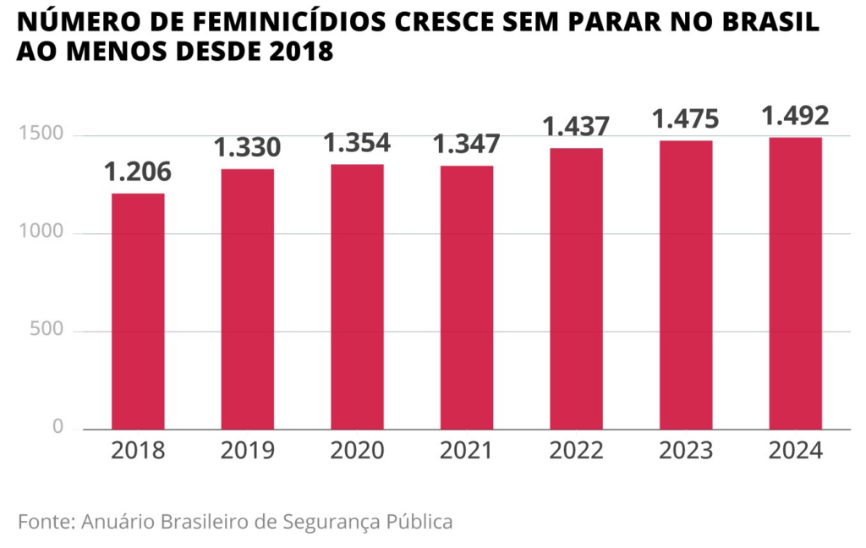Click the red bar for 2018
(138, 311)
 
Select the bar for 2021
(467, 298)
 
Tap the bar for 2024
(795, 283)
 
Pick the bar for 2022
(576, 288)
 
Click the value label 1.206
(138, 173)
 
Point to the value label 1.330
(247, 148)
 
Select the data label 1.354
(357, 143)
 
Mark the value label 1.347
(467, 145)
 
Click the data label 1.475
(686, 119)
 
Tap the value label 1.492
(795, 116)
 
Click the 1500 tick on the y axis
(41, 134)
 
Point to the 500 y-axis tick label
(47, 330)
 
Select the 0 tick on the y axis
(58, 428)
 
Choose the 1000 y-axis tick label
(41, 233)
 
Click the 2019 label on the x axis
(247, 451)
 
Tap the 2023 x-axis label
(686, 451)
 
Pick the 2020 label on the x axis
(357, 451)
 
